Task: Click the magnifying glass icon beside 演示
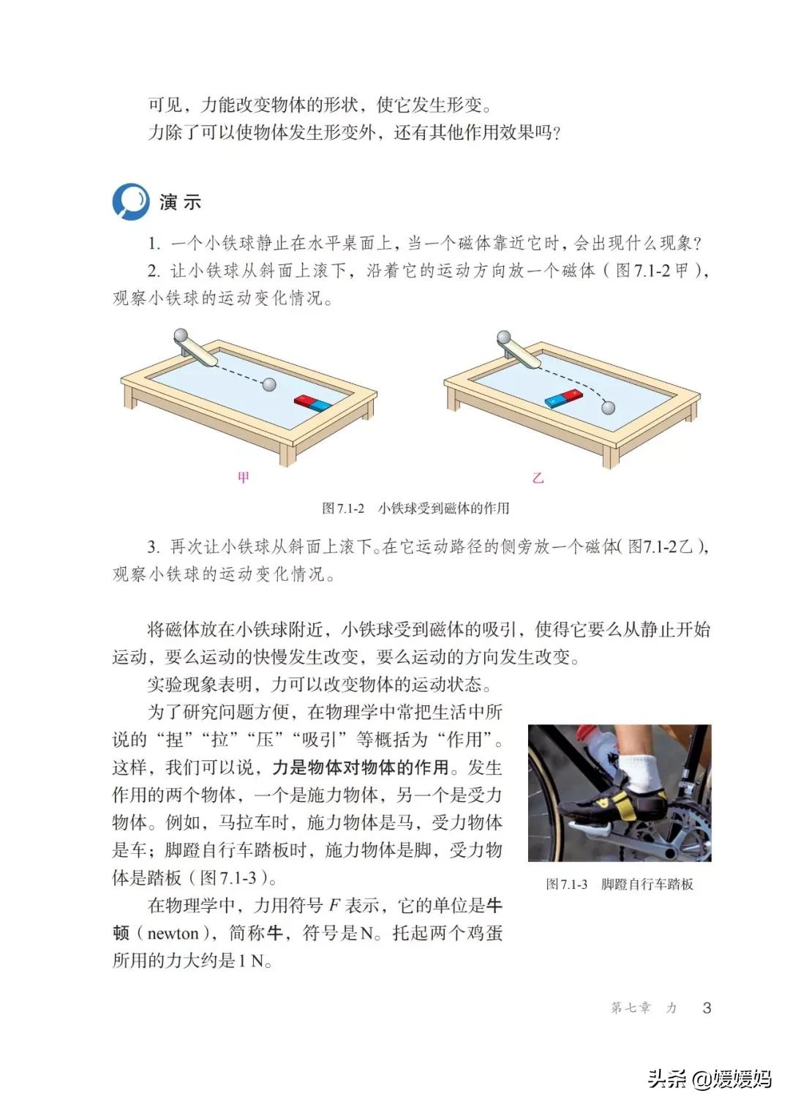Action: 131,201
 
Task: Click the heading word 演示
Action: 180,202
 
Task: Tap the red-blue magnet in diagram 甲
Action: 313,402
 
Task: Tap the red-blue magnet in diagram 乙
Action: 564,398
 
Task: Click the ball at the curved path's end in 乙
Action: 607,408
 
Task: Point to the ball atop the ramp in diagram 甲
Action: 180,337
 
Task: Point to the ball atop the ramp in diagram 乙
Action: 504,337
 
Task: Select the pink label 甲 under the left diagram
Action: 244,478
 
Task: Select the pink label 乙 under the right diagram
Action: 538,478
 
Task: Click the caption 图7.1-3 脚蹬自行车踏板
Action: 619,884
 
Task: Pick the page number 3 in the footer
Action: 707,1007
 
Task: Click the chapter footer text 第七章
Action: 631,1007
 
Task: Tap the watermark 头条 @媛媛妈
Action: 709,1078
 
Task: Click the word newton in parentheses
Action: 173,934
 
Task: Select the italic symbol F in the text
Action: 334,906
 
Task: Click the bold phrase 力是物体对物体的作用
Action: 361,768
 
